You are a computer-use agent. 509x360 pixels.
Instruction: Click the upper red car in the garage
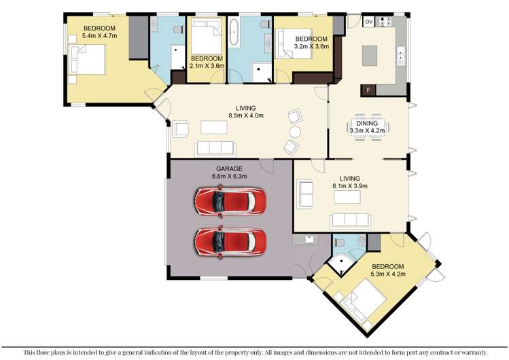[x=230, y=200]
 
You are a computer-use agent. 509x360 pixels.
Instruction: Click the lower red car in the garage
[x=230, y=240]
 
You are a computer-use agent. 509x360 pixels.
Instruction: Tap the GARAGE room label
[x=230, y=168]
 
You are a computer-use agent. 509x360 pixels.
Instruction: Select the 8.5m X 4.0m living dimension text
[x=249, y=115]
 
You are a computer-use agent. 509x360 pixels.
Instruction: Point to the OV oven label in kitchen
[x=368, y=22]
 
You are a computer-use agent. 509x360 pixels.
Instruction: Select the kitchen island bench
[x=370, y=54]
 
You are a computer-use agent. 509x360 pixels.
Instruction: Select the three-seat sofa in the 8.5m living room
[x=215, y=149]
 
